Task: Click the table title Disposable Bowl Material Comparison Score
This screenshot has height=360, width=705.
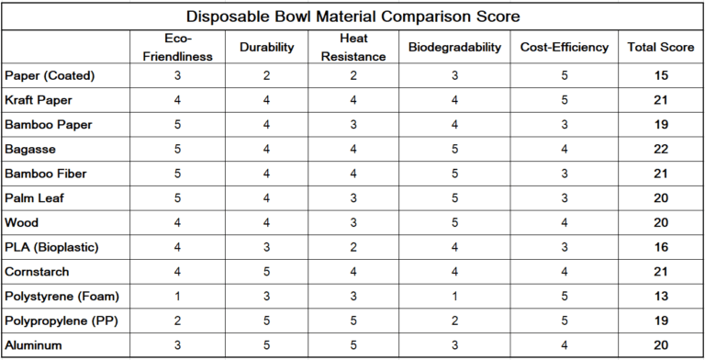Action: (352, 17)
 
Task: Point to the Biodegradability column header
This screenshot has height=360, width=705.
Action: (454, 47)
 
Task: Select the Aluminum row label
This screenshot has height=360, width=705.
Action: (33, 346)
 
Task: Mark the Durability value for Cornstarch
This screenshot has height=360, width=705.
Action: (265, 272)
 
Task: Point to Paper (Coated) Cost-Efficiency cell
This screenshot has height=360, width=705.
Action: (564, 73)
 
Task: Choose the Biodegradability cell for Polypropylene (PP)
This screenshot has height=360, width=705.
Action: (454, 321)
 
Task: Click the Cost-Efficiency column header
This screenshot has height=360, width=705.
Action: (564, 47)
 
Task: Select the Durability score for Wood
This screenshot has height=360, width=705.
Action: (265, 222)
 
